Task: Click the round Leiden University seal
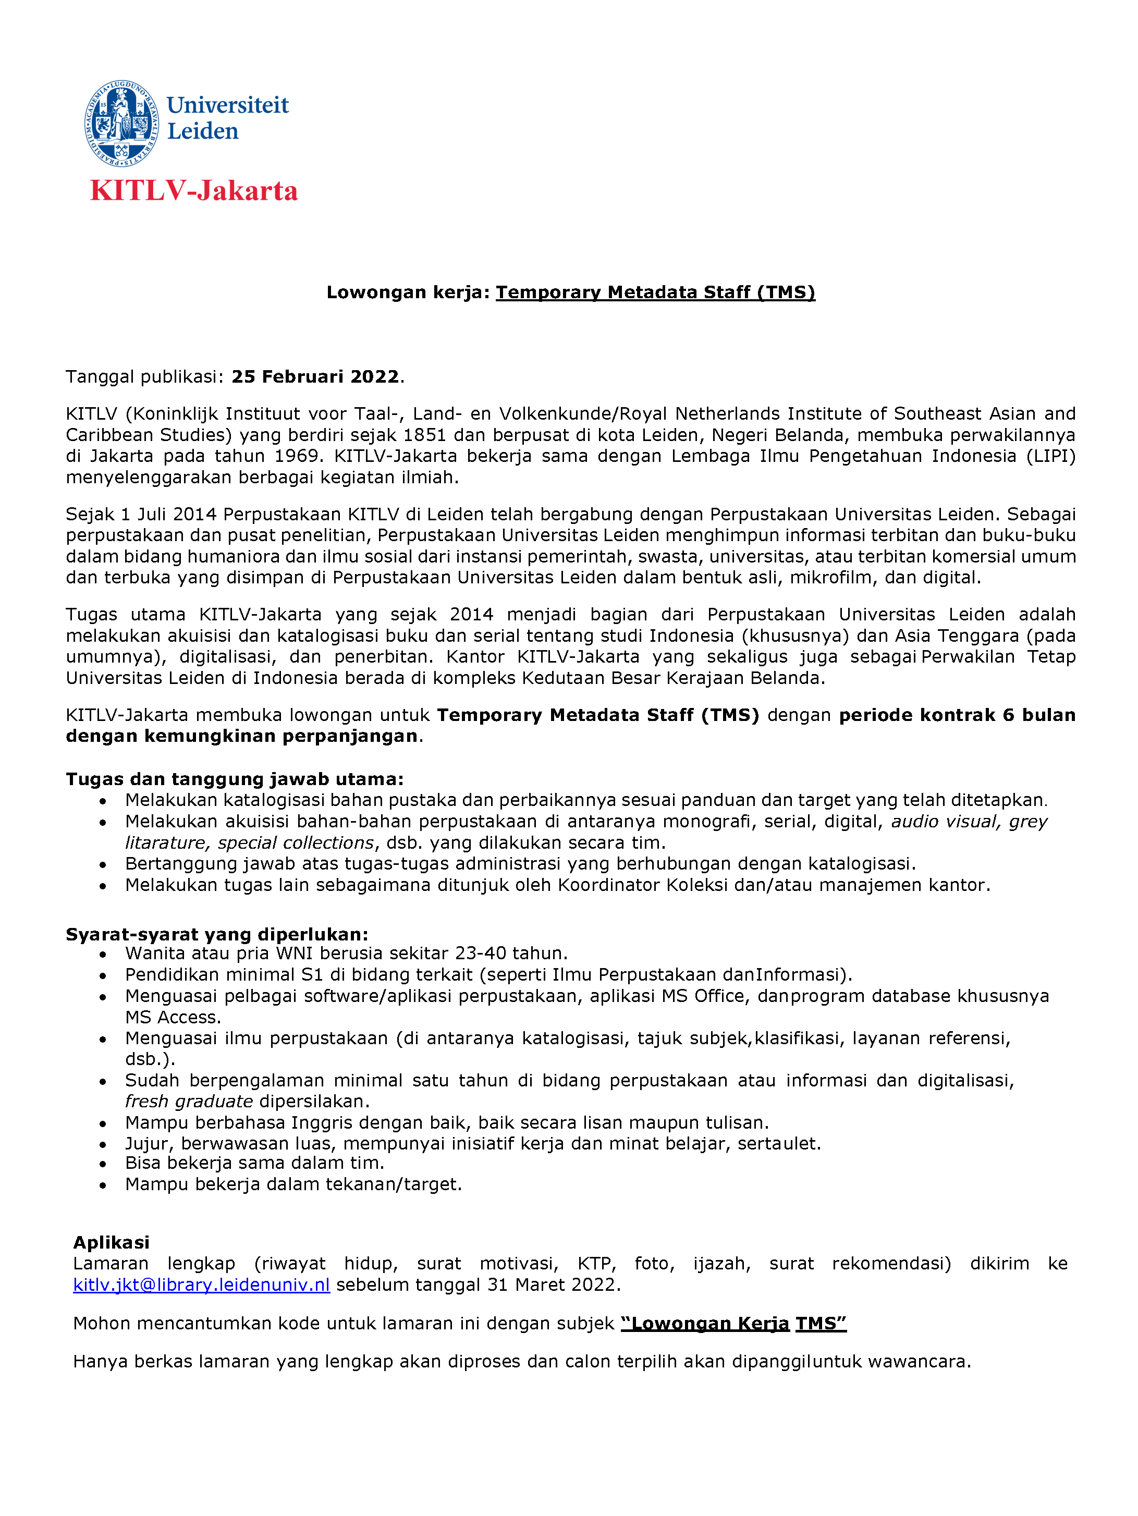pyautogui.click(x=122, y=124)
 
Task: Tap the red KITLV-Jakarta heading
pyautogui.click(x=194, y=190)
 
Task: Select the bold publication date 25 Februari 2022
pyautogui.click(x=315, y=377)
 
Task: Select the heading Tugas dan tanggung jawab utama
pyautogui.click(x=234, y=779)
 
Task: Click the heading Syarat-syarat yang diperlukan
pyautogui.click(x=216, y=935)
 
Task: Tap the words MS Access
pyautogui.click(x=172, y=1017)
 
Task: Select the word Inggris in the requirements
pyautogui.click(x=321, y=1122)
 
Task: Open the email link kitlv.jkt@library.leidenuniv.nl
pyautogui.click(x=201, y=1285)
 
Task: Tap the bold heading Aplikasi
pyautogui.click(x=111, y=1242)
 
